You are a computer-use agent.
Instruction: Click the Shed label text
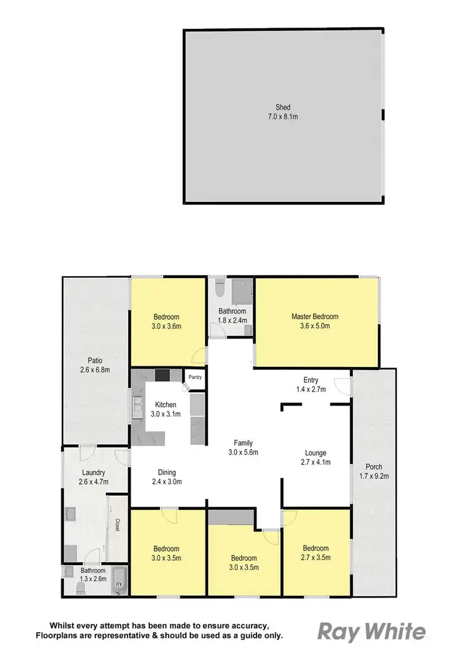[x=283, y=107]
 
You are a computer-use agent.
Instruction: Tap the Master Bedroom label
[x=315, y=317]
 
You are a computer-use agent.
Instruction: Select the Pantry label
[x=195, y=377]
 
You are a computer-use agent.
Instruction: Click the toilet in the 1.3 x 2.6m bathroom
[x=80, y=590]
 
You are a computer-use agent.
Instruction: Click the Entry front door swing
[x=345, y=384]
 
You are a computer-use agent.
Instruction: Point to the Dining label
[x=166, y=472]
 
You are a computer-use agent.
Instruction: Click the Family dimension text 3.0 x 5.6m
[x=243, y=452]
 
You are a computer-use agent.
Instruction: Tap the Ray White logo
[x=372, y=631]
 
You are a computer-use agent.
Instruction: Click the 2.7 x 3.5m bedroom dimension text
[x=315, y=557]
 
